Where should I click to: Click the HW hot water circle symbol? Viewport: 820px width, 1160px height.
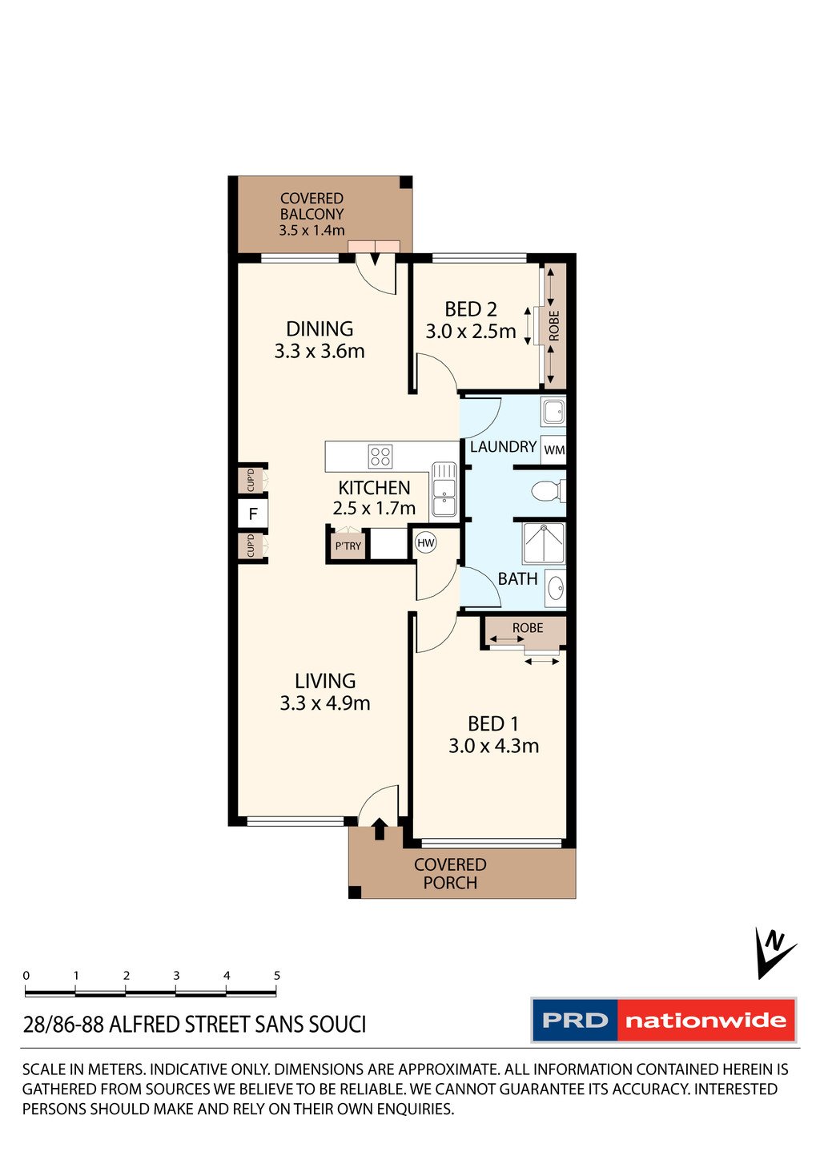click(x=425, y=543)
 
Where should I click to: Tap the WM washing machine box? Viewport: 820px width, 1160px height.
click(x=554, y=450)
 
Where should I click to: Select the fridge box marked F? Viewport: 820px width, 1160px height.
click(x=253, y=514)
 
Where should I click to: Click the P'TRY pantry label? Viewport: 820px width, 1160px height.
click(x=348, y=546)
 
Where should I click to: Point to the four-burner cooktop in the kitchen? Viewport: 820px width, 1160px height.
click(x=380, y=457)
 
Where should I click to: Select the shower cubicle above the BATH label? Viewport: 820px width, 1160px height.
click(x=544, y=544)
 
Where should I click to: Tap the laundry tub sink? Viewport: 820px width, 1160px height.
click(x=553, y=413)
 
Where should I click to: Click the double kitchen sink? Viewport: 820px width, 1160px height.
click(x=443, y=489)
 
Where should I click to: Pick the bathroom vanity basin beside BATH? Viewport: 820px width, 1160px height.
click(x=555, y=589)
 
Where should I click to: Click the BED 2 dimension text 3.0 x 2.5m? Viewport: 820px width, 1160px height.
click(x=471, y=332)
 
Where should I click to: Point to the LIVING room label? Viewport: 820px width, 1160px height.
click(x=325, y=681)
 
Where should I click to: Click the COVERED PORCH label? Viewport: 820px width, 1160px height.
click(x=450, y=873)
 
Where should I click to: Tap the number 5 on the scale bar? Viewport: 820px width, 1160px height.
click(x=277, y=976)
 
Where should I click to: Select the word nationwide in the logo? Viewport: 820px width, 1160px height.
click(x=705, y=1021)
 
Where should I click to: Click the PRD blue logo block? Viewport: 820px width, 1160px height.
click(x=575, y=1021)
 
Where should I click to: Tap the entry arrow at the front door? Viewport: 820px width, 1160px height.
click(x=380, y=828)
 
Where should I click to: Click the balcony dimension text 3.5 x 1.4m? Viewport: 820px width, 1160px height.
click(x=312, y=231)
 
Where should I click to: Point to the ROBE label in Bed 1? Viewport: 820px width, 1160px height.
click(x=528, y=628)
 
